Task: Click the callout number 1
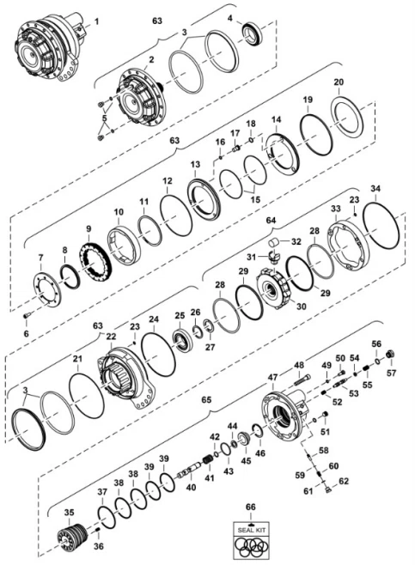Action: (95, 20)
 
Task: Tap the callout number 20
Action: (339, 82)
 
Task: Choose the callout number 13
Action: (195, 163)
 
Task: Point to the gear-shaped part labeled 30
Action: (277, 289)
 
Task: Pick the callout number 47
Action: (272, 376)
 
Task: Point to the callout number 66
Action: (251, 507)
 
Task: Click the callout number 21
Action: (76, 358)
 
